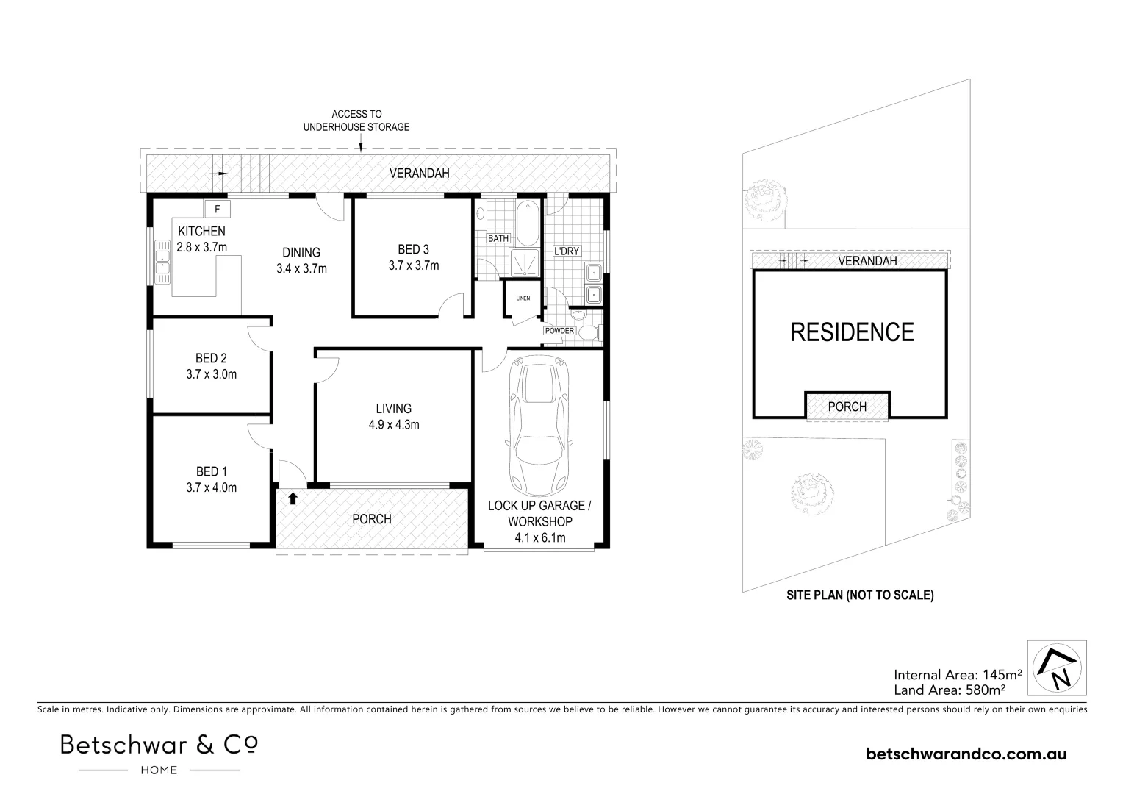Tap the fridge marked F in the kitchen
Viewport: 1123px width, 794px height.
coord(218,209)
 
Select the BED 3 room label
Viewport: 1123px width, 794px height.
coord(414,250)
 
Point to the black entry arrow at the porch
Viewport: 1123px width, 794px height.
coord(293,498)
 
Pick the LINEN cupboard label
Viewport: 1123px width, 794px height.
coord(523,298)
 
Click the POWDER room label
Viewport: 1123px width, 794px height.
coord(559,331)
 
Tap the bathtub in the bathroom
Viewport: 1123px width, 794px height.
coord(528,222)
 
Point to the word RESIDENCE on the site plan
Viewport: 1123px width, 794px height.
coord(852,332)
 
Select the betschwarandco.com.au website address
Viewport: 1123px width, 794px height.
coord(966,754)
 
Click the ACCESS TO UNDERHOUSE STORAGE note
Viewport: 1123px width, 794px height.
coord(356,121)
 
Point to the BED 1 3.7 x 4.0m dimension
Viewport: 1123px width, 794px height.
coord(211,487)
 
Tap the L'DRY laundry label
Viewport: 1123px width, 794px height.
coord(567,251)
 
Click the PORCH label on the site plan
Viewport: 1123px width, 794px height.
coord(847,407)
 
